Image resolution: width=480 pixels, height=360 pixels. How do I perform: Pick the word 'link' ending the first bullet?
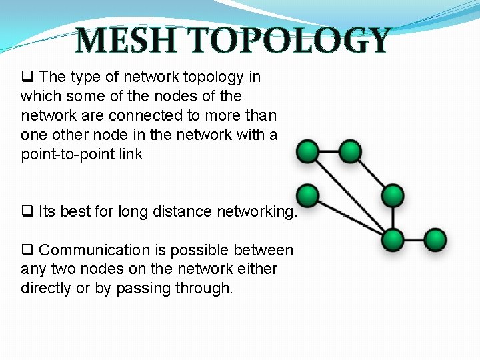tap(130, 154)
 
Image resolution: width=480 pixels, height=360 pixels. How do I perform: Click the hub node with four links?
tap(393, 239)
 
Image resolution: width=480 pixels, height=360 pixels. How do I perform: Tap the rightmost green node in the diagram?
tap(435, 239)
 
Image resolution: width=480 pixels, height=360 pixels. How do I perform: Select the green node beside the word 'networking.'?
tap(307, 195)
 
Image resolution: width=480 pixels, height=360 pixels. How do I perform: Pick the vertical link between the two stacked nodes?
tap(393, 217)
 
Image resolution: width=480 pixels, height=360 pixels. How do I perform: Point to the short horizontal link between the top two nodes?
tap(329, 151)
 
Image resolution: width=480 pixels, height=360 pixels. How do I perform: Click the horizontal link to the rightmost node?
tap(414, 239)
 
